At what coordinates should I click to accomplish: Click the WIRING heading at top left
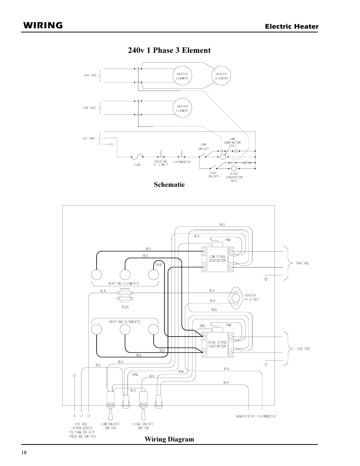pos(43,25)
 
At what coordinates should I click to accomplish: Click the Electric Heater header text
pos(292,26)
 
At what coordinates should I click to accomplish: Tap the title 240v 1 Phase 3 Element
pos(169,50)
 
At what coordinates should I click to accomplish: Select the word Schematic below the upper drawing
pos(169,185)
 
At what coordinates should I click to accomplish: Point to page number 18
pos(24,452)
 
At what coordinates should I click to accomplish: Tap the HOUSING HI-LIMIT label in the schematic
pos(161,163)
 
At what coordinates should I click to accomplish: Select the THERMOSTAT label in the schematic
pos(182,162)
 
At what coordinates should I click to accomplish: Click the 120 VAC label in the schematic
pos(88,138)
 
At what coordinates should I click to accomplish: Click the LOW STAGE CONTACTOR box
pos(217,259)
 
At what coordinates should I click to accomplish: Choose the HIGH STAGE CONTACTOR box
pos(217,345)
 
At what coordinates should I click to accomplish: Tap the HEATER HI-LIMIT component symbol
pos(235,298)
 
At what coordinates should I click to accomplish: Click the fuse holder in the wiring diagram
pos(125,295)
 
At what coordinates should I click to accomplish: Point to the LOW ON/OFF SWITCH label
pos(111,426)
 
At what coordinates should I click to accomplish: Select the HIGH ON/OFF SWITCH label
pos(143,426)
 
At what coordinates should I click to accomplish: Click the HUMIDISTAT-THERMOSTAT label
pos(256,416)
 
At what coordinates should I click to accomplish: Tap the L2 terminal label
pos(88,416)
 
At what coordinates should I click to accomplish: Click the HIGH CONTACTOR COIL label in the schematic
pos(234,177)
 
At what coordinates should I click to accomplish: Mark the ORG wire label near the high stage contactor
pos(202,326)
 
